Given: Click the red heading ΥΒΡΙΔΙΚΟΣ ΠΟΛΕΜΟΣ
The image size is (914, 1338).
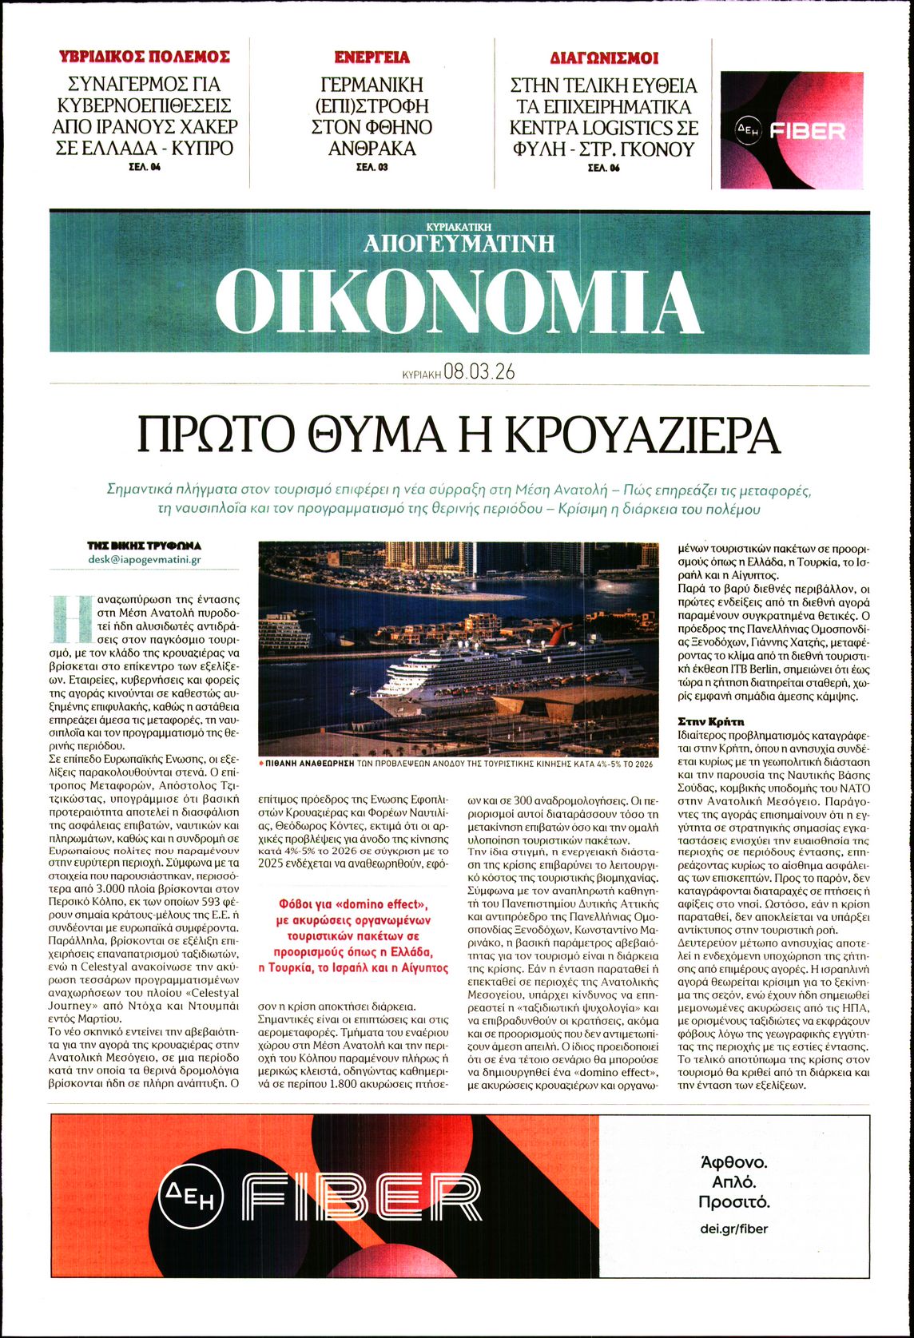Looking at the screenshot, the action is coord(145,57).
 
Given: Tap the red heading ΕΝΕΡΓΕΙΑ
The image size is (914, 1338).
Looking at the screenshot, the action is coord(372,57).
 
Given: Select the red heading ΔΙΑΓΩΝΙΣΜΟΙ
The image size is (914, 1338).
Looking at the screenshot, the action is coord(604,58).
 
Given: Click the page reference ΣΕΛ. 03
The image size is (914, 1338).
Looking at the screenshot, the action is coord(372,168).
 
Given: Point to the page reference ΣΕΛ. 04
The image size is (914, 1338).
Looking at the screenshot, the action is coord(145,168).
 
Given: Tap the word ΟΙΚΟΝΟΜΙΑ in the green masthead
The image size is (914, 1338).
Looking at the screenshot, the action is coord(459,301).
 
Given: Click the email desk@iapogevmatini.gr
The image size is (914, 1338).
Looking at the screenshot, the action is coord(145,559).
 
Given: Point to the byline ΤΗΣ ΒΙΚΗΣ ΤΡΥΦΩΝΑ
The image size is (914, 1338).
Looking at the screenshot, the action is coord(145,546).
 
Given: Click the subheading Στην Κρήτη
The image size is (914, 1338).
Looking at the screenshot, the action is coord(710,721).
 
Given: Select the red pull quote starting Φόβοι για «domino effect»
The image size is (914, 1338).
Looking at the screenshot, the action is coord(352,935).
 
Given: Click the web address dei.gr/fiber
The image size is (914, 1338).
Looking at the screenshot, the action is coord(733,1229).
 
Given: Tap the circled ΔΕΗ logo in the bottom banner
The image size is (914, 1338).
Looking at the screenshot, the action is coord(192,1196).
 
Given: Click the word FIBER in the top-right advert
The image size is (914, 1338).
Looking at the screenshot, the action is coord(807,131).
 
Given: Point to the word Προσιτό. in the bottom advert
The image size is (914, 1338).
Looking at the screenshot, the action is coord(733,1201).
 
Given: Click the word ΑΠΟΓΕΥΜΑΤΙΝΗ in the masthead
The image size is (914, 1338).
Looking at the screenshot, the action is coord(459,243).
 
